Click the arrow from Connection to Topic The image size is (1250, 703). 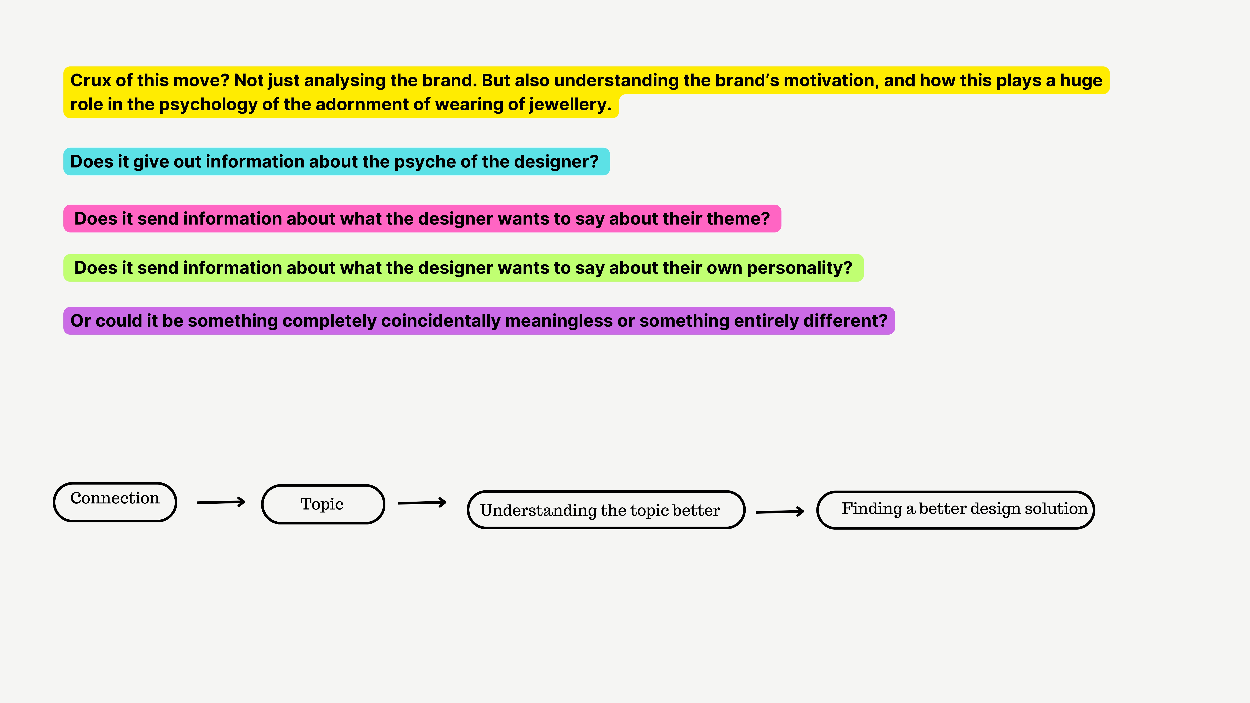tap(221, 502)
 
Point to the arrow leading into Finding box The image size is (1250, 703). tap(780, 511)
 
